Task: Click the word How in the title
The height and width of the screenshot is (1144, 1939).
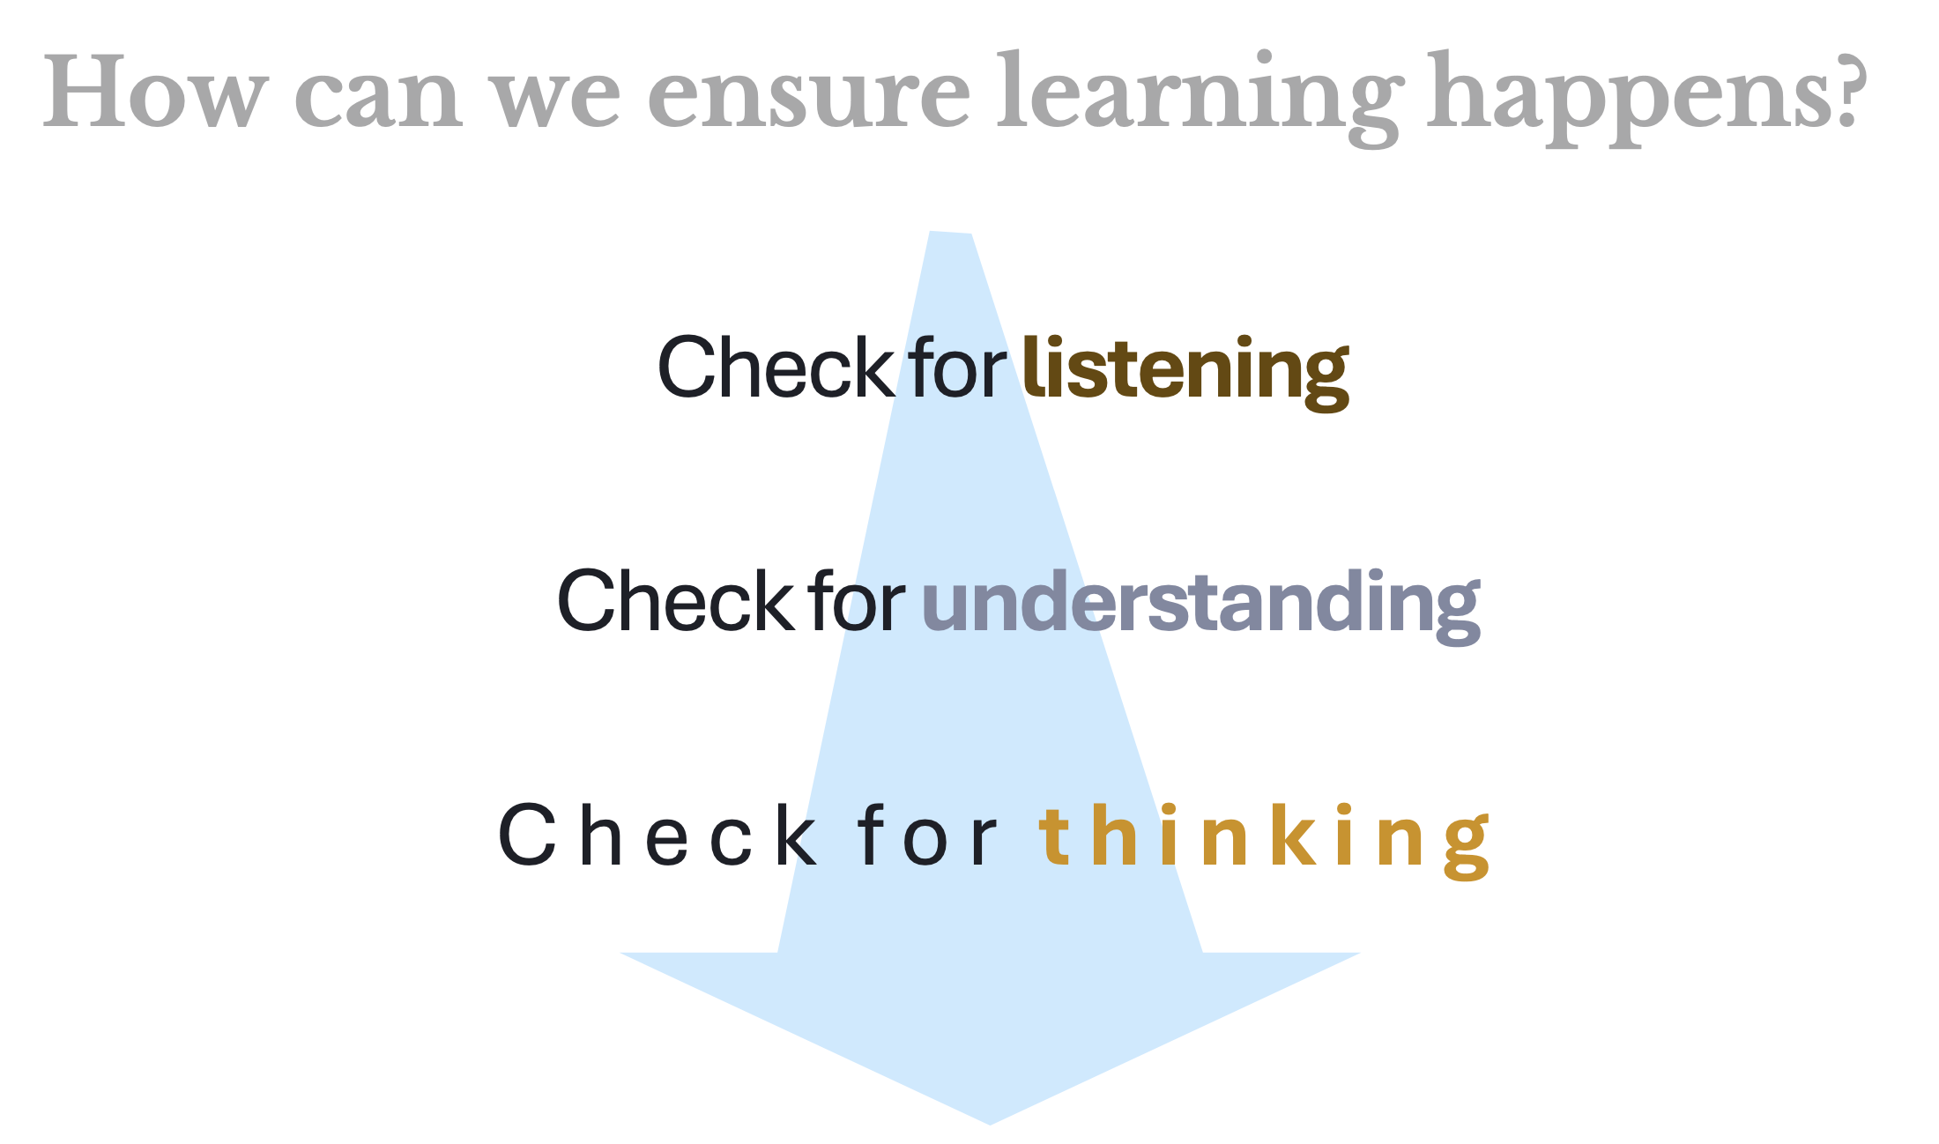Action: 155,92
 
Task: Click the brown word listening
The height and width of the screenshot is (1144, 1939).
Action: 1185,373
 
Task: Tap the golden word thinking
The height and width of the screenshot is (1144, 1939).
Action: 1264,840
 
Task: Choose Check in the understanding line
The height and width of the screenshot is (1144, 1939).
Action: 675,599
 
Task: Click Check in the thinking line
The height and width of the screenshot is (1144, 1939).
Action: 657,833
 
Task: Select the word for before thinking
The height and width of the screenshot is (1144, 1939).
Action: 927,833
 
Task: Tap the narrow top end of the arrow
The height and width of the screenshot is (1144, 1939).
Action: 950,233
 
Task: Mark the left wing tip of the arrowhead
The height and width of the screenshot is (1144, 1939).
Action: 621,954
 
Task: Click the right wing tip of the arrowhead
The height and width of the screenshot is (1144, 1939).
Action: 1359,954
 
